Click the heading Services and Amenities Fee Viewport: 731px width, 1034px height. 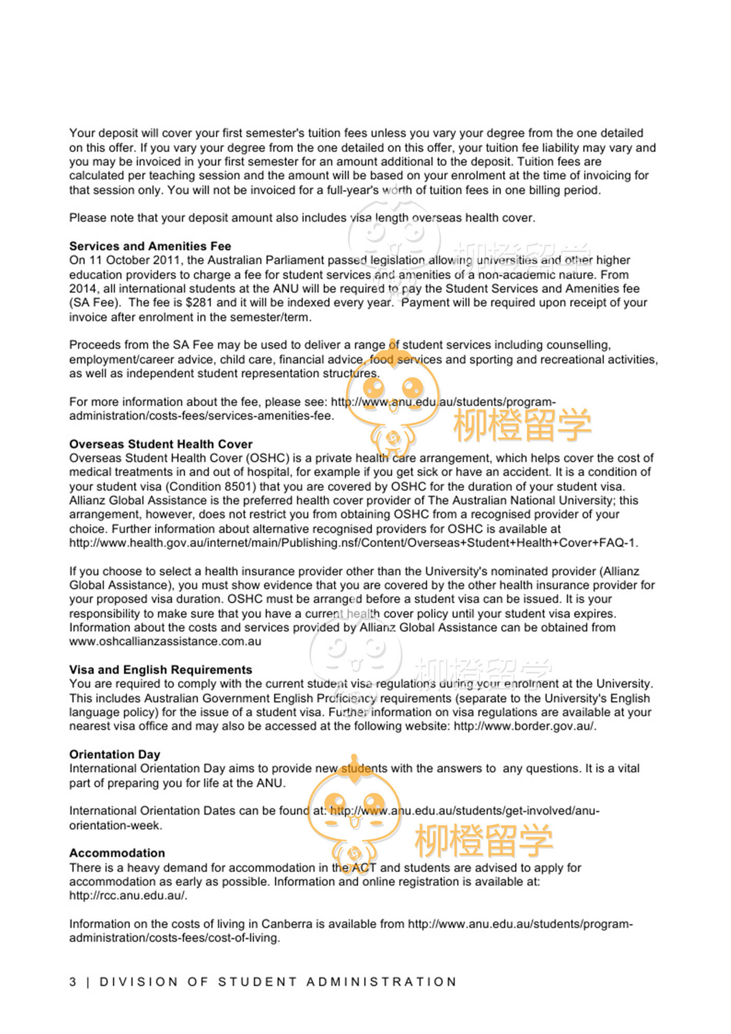pos(150,246)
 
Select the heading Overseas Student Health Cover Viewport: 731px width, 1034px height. pos(161,444)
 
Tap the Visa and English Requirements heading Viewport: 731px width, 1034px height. pos(161,669)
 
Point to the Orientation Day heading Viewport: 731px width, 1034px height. pos(114,754)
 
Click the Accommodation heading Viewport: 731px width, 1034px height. pos(117,853)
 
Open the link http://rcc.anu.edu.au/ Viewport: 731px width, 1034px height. pos(128,896)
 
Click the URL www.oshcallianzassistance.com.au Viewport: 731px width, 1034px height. pos(165,641)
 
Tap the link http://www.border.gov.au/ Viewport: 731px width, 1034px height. pos(524,726)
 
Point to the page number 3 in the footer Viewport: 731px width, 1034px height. pos(73,982)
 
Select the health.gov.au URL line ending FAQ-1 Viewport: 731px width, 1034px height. pos(353,543)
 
